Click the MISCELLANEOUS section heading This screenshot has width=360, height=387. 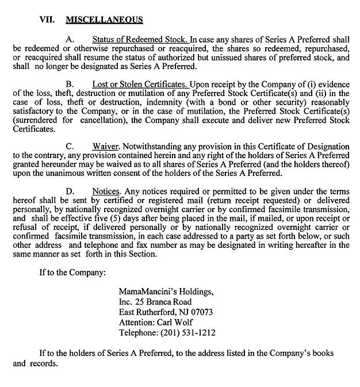point(104,20)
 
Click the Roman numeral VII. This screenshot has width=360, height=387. point(47,20)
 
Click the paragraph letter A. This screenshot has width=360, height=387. point(70,40)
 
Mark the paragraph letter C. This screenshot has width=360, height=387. point(70,146)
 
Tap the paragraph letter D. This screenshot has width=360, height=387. point(70,190)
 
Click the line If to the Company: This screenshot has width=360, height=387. point(72,272)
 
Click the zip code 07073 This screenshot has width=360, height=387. point(201,312)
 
